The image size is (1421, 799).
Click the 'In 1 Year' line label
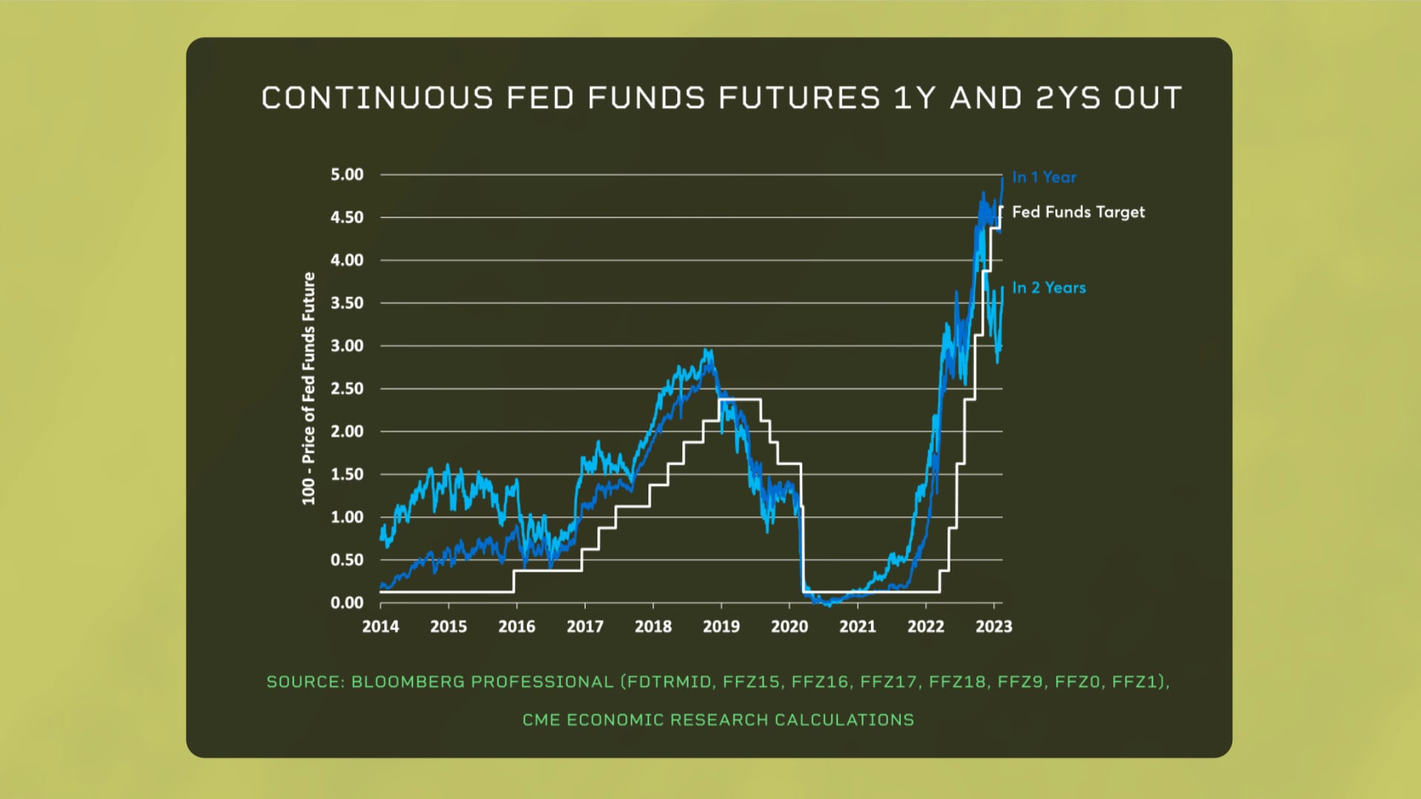[1044, 178]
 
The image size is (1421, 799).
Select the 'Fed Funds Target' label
[1078, 212]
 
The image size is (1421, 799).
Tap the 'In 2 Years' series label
[1049, 288]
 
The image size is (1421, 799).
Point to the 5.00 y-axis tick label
[347, 175]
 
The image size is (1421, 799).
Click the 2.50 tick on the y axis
[347, 388]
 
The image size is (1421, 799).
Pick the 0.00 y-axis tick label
[347, 603]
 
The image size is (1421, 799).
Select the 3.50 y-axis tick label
[347, 303]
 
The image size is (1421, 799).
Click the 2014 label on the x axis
[380, 627]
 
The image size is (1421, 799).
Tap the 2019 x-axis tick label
[721, 627]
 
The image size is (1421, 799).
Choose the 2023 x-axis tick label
[993, 627]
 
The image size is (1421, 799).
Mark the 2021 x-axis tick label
[857, 627]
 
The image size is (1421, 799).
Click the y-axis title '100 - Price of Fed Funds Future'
[309, 388]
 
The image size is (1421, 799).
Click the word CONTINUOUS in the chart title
[377, 98]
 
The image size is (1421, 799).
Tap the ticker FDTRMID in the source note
[670, 682]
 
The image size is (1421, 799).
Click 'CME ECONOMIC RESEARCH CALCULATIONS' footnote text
[718, 720]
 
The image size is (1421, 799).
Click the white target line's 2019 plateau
[740, 399]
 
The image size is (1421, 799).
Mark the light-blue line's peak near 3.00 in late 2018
[708, 352]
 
